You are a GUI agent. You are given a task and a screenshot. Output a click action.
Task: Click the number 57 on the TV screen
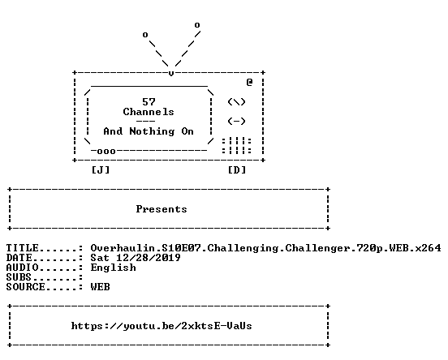(x=149, y=102)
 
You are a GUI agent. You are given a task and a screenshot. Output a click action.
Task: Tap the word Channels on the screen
(x=149, y=112)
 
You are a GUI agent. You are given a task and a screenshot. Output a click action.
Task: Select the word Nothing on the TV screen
(x=152, y=131)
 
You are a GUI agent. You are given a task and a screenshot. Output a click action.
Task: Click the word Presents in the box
(x=162, y=209)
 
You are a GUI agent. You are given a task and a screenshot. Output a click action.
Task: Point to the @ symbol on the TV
(x=249, y=82)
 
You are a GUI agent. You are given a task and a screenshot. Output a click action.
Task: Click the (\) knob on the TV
(x=236, y=102)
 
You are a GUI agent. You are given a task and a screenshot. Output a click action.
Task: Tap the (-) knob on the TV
(x=236, y=122)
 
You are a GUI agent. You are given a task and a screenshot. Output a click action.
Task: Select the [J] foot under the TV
(x=101, y=170)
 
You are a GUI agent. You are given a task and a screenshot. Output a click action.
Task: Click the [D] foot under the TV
(x=237, y=170)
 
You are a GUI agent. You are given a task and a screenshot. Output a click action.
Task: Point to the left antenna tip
(x=145, y=35)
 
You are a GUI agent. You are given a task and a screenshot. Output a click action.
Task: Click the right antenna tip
(x=197, y=25)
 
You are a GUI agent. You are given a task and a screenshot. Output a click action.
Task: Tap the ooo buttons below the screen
(x=106, y=152)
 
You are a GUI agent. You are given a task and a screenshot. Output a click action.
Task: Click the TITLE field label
(x=22, y=248)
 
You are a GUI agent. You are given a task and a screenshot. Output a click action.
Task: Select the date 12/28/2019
(x=149, y=258)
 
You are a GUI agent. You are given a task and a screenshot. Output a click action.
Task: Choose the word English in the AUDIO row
(x=113, y=268)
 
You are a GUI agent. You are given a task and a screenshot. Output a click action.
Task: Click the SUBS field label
(x=19, y=277)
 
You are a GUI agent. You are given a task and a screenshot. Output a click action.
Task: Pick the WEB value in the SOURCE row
(x=101, y=287)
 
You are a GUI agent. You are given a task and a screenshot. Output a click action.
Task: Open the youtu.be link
(x=162, y=326)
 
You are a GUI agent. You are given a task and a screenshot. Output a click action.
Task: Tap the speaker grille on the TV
(x=236, y=146)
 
